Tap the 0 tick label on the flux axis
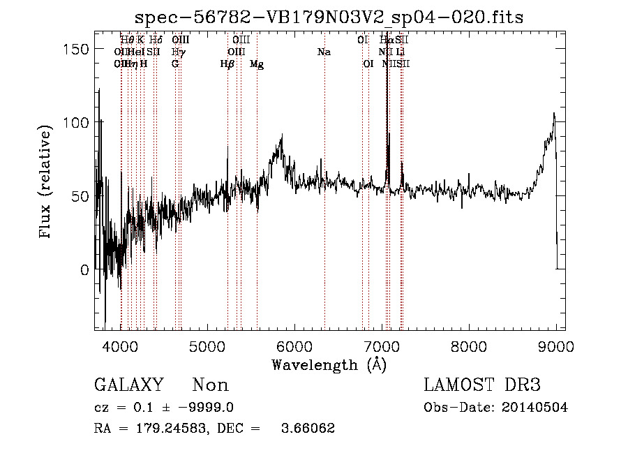(84, 269)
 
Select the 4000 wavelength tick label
(121, 346)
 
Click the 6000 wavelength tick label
(295, 346)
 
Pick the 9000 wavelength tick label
(556, 346)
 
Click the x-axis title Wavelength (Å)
(329, 364)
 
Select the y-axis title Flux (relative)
(47, 183)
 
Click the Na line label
(324, 52)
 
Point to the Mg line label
(257, 64)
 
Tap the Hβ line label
(227, 64)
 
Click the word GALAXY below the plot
(128, 385)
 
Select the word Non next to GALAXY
(210, 385)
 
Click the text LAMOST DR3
(481, 385)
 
